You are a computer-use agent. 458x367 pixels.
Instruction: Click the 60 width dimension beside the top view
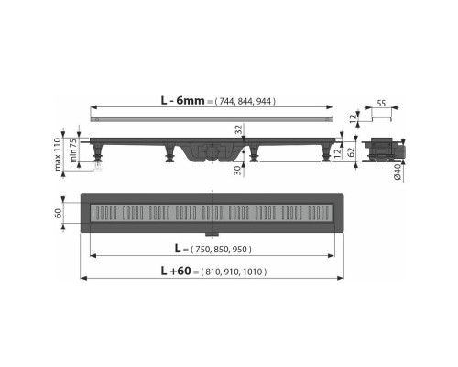(x=59, y=214)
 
